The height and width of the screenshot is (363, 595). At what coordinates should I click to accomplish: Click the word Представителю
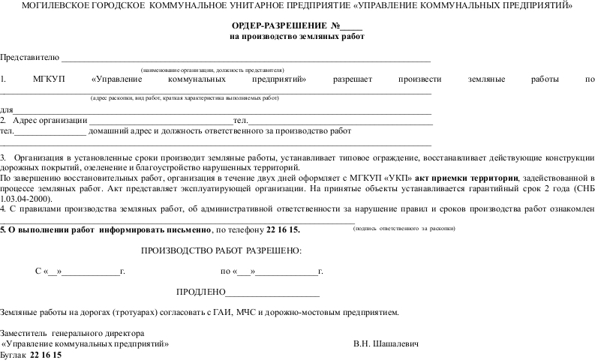point(29,57)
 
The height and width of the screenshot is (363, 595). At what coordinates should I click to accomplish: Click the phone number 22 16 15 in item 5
point(284,228)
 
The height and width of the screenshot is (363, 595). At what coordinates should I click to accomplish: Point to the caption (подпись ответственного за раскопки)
point(404,227)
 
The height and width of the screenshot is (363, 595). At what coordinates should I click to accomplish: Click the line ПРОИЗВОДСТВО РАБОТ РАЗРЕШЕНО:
point(221,250)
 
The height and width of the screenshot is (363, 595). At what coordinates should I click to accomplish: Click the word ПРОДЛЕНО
point(200,291)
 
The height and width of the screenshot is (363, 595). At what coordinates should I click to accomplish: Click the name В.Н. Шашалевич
point(386,343)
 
